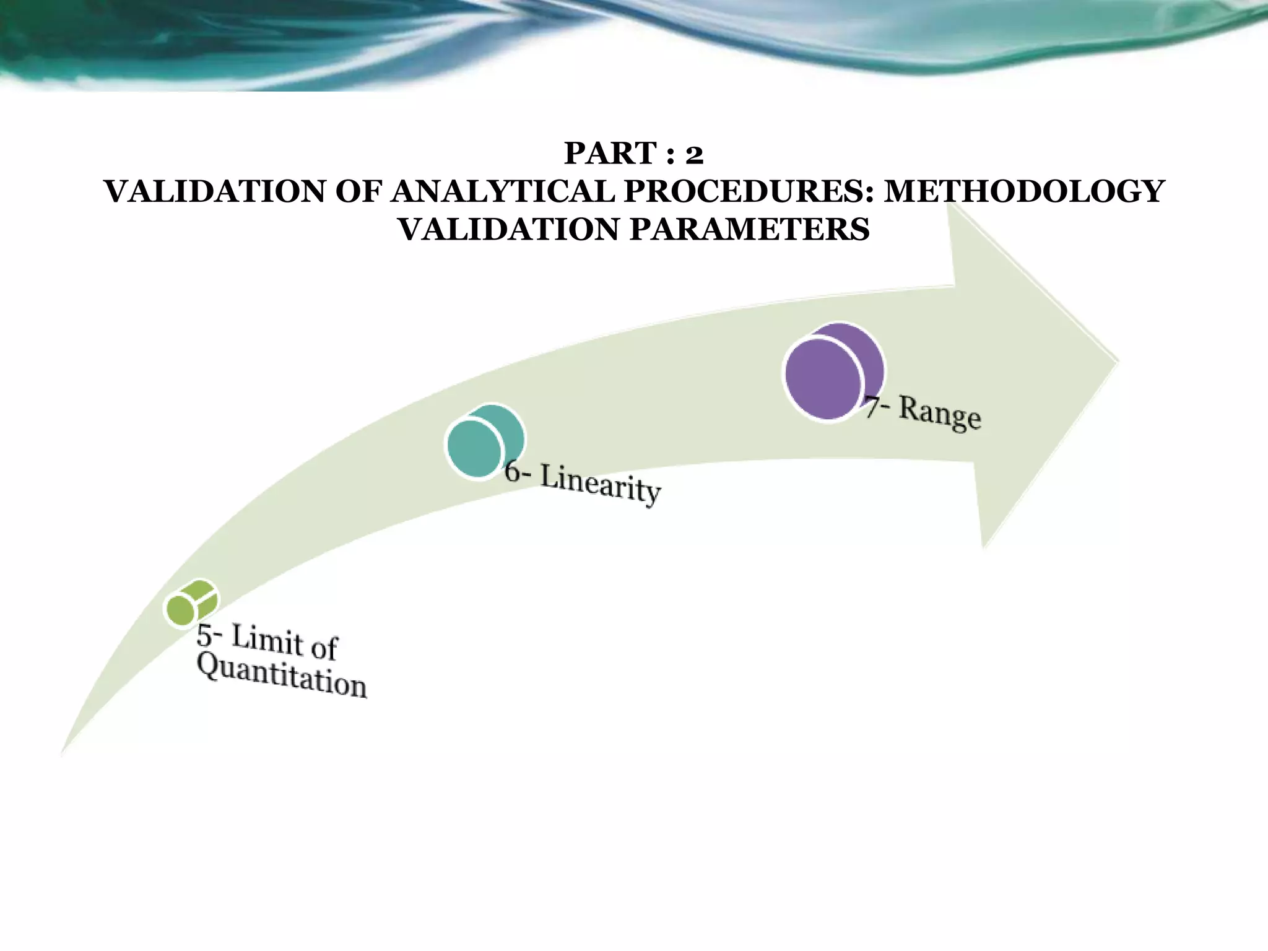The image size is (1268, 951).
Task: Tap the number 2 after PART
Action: (694, 154)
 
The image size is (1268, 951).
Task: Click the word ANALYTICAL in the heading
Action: (503, 191)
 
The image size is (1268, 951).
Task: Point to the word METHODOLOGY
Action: (1024, 191)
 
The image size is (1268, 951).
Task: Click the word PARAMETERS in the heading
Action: (749, 230)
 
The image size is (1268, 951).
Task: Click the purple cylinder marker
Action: (832, 373)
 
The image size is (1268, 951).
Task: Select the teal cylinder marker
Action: (484, 441)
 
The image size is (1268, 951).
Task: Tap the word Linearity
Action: (600, 484)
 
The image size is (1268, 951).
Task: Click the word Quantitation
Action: (282, 676)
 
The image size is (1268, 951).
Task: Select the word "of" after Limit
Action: (324, 648)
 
